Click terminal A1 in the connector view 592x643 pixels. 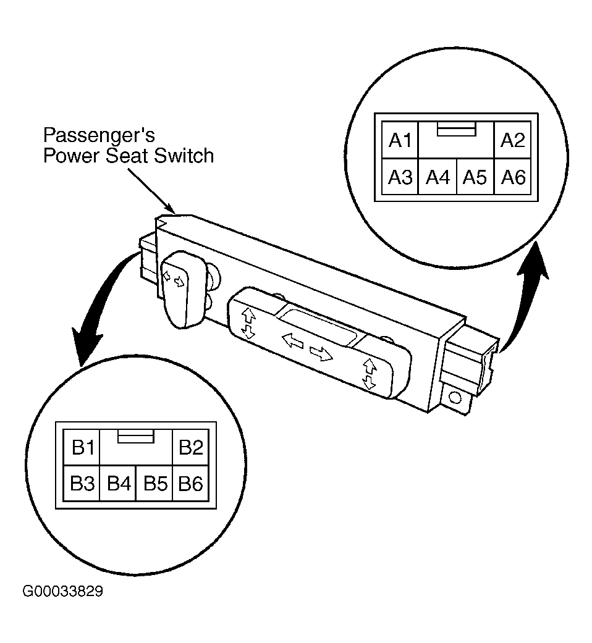click(x=400, y=140)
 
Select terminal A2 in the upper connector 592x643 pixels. click(x=513, y=140)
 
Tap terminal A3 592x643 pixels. click(x=400, y=177)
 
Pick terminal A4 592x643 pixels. click(x=438, y=177)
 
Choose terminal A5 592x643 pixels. click(x=475, y=177)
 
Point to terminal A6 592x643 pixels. click(x=513, y=177)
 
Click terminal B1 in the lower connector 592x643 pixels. click(x=82, y=447)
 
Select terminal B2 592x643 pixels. click(x=191, y=447)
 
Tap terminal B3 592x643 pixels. click(x=82, y=483)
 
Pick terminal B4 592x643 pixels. click(x=118, y=483)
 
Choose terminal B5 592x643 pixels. click(x=154, y=483)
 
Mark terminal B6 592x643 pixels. click(x=191, y=483)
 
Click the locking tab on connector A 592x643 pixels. click(x=457, y=128)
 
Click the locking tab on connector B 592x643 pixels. click(x=136, y=436)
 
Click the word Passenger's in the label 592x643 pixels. click(x=99, y=135)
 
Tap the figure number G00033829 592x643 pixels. click(x=63, y=591)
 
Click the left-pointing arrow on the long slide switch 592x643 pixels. click(x=293, y=340)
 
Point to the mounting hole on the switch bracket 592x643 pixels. click(x=455, y=397)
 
